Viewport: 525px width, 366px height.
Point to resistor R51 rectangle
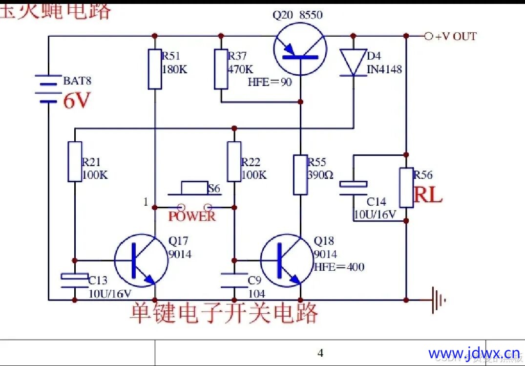coord(155,69)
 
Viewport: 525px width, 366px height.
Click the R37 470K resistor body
coord(221,69)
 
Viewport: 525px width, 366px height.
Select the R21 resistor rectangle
coord(75,162)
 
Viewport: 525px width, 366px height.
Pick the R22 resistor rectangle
coord(234,162)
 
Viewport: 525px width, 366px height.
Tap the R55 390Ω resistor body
coord(300,174)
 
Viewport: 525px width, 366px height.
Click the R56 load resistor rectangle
coord(406,188)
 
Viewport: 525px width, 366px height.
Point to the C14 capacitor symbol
coord(354,188)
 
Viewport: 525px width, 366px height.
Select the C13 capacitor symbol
coord(75,279)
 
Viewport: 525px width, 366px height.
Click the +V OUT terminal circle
coord(428,36)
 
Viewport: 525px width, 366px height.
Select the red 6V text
coord(77,101)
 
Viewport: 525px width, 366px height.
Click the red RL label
coord(428,195)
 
